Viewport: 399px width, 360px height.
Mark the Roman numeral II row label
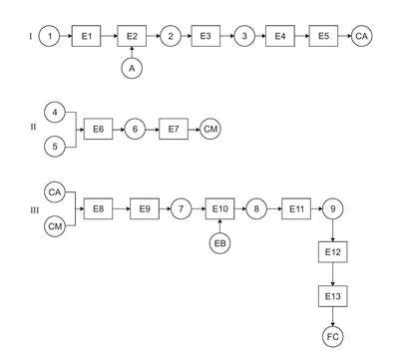click(x=34, y=127)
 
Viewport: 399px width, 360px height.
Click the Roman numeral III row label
click(x=35, y=210)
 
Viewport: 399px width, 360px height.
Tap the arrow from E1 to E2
click(x=110, y=36)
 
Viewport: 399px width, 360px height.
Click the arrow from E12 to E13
click(x=333, y=274)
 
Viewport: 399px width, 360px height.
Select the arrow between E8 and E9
click(x=122, y=208)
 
